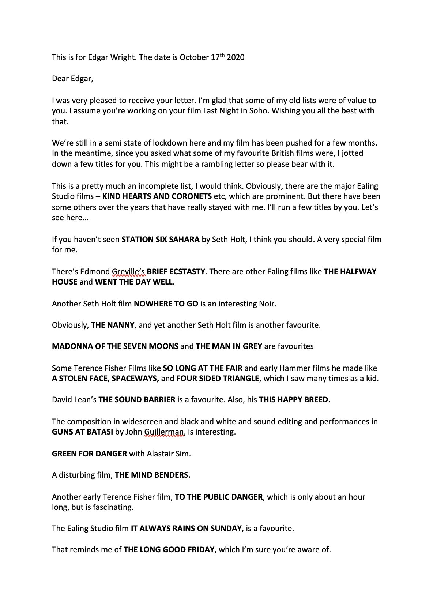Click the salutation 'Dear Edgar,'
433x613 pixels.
[72, 79]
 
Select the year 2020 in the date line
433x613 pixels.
[236, 57]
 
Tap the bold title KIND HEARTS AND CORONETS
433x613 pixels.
[157, 196]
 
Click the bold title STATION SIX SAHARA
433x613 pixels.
[161, 240]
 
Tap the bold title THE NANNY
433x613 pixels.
[112, 325]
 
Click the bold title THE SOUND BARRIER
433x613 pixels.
[137, 400]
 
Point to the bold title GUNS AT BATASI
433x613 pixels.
[82, 432]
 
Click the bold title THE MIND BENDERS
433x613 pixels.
[153, 475]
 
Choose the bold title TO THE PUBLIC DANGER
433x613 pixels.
[219, 497]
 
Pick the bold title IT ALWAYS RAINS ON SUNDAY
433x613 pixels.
[186, 529]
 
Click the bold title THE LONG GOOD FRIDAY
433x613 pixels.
[169, 550]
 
